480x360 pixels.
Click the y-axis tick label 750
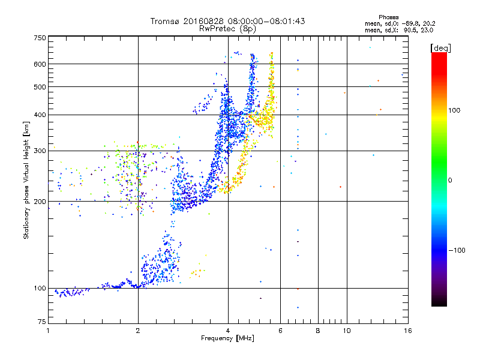click(40, 38)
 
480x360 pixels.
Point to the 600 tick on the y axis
click(40, 64)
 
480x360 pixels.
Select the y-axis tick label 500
click(40, 87)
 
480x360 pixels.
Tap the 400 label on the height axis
click(40, 115)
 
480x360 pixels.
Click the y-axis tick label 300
click(40, 151)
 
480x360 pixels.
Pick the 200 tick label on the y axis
click(40, 202)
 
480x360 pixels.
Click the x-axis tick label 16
click(407, 331)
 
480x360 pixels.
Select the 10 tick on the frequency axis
click(346, 331)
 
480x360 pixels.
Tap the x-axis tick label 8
click(318, 331)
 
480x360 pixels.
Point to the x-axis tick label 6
click(280, 331)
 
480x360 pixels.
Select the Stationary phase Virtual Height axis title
click(26, 180)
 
